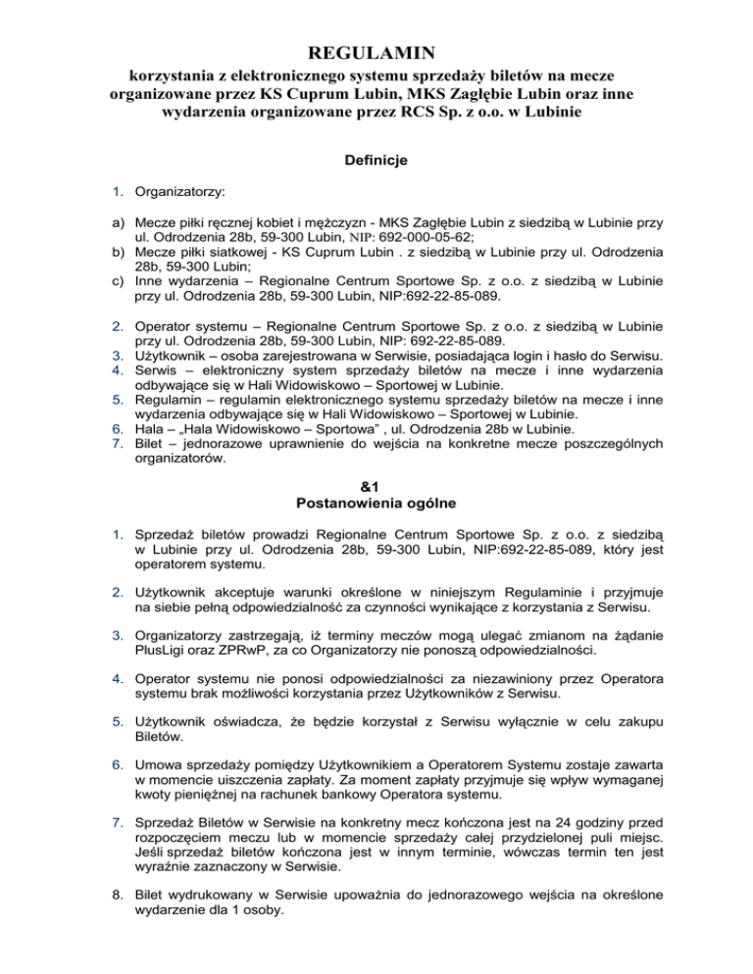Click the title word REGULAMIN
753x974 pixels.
click(x=376, y=50)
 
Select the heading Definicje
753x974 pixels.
click(x=376, y=157)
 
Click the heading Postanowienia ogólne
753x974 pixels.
click(x=376, y=489)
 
